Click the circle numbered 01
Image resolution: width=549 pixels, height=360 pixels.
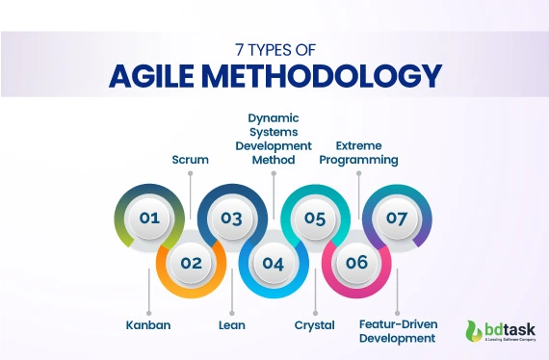(x=148, y=218)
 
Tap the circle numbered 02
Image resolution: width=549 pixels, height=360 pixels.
(x=190, y=262)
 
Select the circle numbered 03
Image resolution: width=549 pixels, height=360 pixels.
(x=231, y=218)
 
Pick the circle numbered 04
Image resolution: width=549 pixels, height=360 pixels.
(x=273, y=262)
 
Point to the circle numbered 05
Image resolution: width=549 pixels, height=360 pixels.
(x=315, y=218)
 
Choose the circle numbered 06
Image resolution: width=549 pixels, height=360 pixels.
(x=356, y=262)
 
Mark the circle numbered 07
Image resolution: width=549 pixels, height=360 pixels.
(x=397, y=218)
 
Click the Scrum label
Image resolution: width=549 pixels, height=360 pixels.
(x=191, y=159)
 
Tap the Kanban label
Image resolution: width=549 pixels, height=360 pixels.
(x=147, y=325)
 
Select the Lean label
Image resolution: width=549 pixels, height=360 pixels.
(x=231, y=325)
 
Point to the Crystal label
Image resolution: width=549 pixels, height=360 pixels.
(x=314, y=325)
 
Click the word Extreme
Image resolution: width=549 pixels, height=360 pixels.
(x=358, y=145)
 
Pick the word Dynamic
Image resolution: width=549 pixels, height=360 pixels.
(x=274, y=117)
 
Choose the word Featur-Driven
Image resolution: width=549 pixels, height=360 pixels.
(x=398, y=325)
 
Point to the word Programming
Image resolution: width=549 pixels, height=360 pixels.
(x=358, y=160)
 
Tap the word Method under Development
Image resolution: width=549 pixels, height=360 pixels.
(x=274, y=160)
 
